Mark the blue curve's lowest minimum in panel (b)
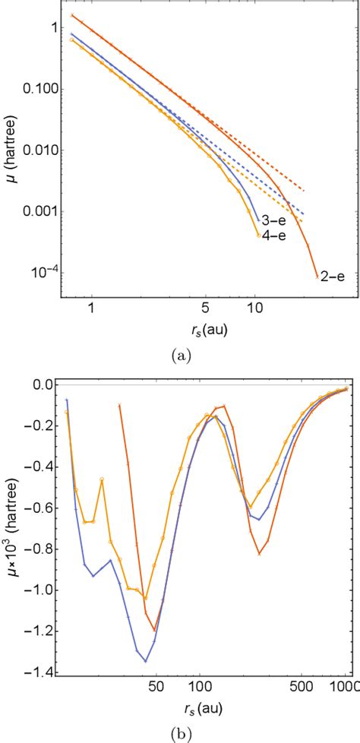(x=145, y=661)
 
